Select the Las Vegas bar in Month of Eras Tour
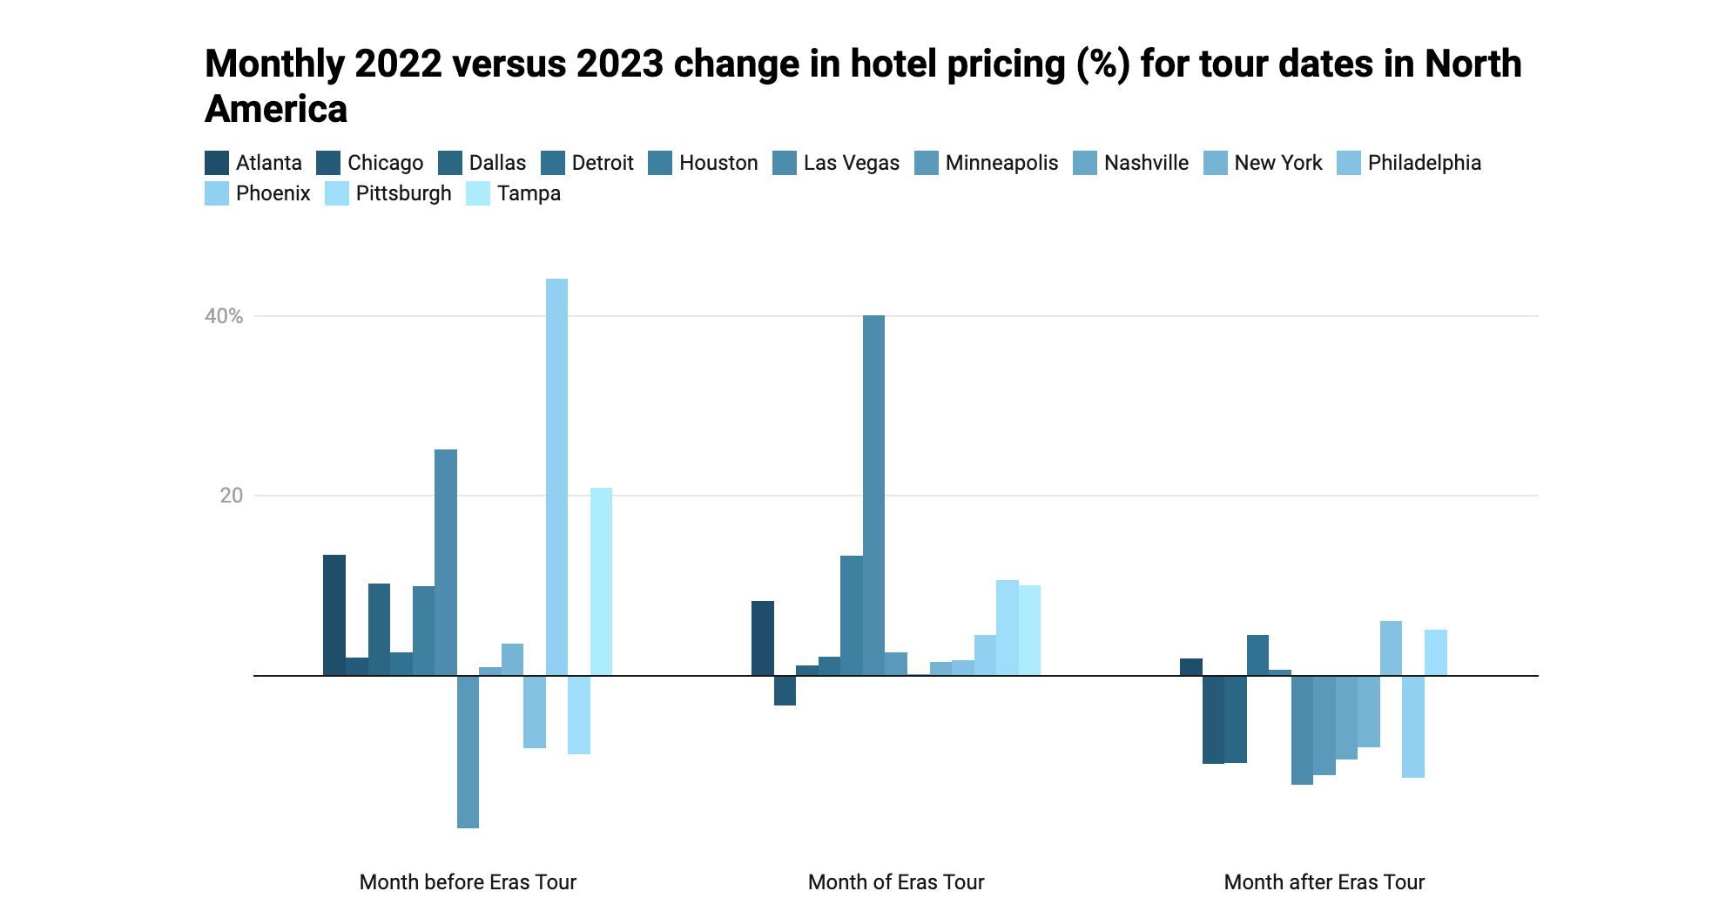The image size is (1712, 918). (873, 496)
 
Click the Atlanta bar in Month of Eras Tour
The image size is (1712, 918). (763, 638)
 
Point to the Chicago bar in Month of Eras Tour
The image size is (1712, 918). (785, 690)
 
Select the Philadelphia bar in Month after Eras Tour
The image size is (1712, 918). (1391, 648)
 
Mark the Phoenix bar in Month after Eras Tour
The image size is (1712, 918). (1413, 726)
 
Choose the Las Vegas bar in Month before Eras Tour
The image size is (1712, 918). (446, 563)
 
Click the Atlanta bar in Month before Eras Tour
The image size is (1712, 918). (334, 615)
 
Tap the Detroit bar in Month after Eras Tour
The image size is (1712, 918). (1257, 655)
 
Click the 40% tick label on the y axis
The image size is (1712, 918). (224, 316)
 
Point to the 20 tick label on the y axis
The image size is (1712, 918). (232, 496)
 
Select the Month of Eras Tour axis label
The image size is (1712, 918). (896, 882)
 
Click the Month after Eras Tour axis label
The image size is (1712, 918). (1324, 882)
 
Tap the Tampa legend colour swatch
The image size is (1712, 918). (478, 193)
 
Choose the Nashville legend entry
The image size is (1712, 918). (1146, 163)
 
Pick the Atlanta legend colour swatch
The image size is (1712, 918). (217, 163)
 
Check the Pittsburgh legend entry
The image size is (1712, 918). (403, 193)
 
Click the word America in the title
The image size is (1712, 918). (276, 110)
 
